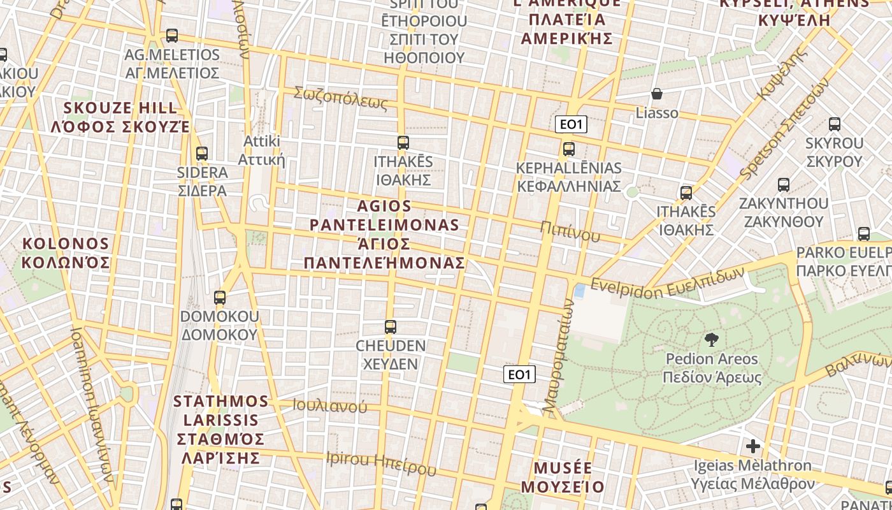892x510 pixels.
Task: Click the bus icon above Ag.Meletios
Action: point(171,36)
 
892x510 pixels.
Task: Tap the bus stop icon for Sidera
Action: point(202,154)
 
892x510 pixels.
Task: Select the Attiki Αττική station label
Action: point(261,150)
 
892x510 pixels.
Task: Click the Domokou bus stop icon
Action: point(220,298)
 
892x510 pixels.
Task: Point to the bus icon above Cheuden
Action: point(391,327)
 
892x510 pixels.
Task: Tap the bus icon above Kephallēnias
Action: point(569,149)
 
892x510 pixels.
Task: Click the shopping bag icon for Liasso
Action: point(657,94)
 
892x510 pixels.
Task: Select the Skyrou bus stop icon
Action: point(835,124)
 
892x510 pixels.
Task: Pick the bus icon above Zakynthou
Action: point(784,185)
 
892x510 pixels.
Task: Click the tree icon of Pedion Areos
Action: point(712,340)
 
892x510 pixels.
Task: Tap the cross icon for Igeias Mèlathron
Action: point(753,446)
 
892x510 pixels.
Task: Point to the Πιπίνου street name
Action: point(570,232)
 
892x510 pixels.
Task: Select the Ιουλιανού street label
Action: point(330,405)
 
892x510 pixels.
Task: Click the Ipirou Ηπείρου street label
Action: point(381,463)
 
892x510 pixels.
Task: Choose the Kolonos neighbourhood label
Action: point(66,253)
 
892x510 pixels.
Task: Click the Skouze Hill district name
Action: point(120,117)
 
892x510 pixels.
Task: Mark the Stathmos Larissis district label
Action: point(220,429)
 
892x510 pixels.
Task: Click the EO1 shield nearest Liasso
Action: point(571,124)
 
